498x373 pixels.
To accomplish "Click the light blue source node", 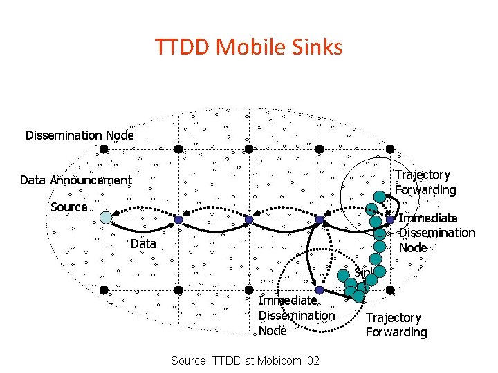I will pyautogui.click(x=105, y=218).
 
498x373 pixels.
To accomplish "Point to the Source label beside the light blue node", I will pyautogui.click(x=69, y=207).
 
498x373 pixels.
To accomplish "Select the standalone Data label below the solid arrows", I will pyautogui.click(x=143, y=244).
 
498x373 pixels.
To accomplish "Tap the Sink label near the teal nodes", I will pyautogui.click(x=362, y=272).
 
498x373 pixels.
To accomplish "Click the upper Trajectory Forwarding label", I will pyautogui.click(x=425, y=182).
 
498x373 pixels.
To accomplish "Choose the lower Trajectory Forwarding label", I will pyautogui.click(x=396, y=325).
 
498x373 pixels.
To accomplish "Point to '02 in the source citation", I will pyautogui.click(x=311, y=361).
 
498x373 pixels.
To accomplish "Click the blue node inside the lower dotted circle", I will pyautogui.click(x=320, y=291).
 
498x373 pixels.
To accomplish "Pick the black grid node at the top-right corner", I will pyautogui.click(x=390, y=149).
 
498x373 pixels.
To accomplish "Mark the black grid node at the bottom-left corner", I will pyautogui.click(x=102, y=289).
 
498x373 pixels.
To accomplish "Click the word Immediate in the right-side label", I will pyautogui.click(x=429, y=218).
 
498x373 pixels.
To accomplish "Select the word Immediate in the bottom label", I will pyautogui.click(x=288, y=300).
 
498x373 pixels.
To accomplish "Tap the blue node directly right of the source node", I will pyautogui.click(x=178, y=220).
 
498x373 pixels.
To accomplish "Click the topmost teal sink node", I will pyautogui.click(x=380, y=195).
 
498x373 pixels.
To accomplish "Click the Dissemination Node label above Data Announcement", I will pyautogui.click(x=80, y=135).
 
